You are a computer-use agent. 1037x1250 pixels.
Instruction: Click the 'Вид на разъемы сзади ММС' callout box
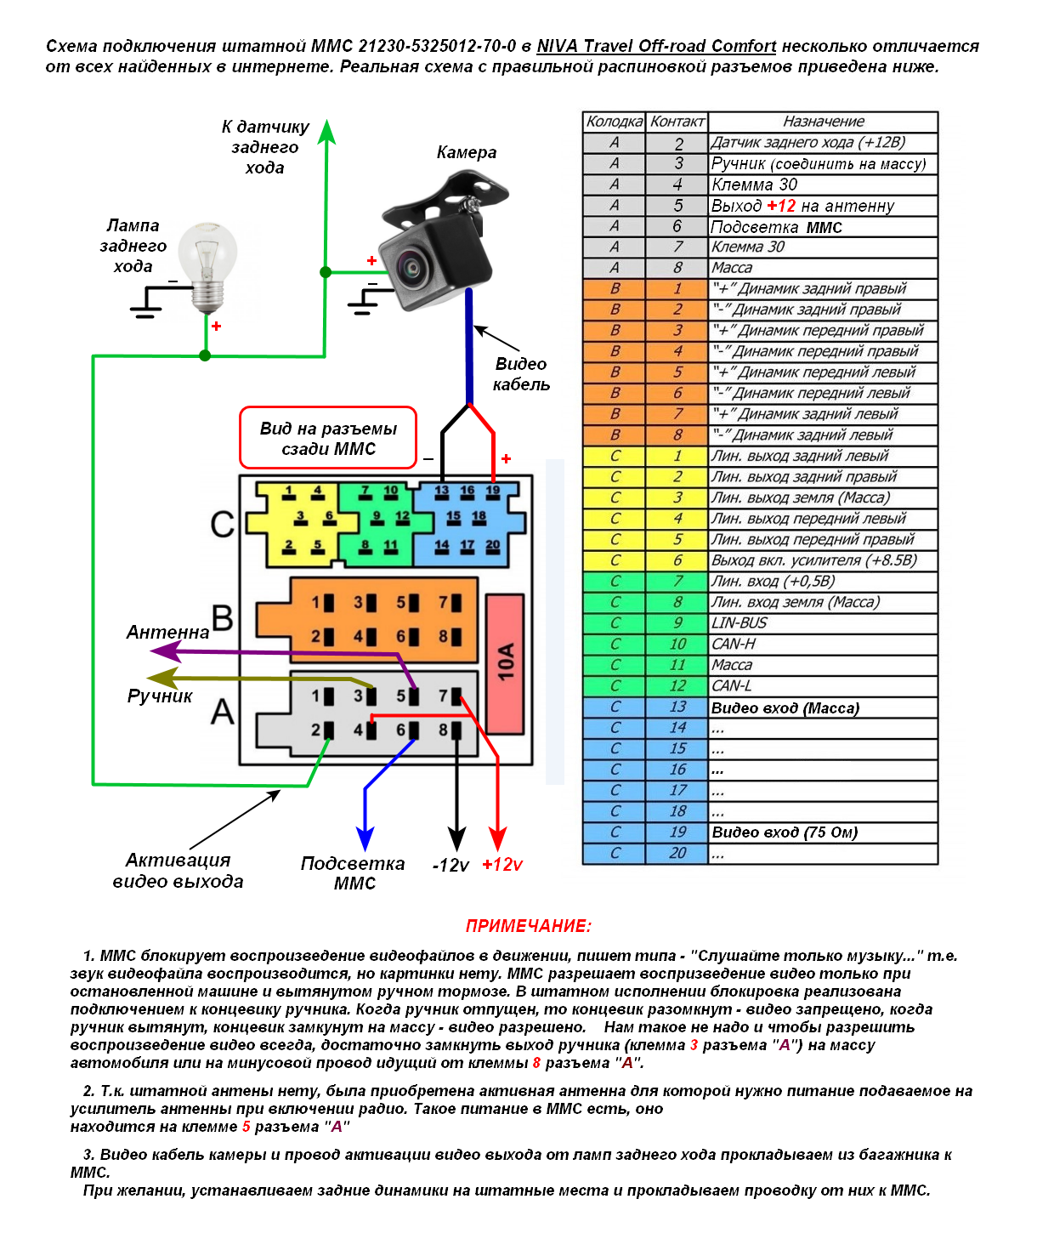(328, 438)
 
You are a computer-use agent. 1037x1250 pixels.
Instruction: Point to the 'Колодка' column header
(614, 122)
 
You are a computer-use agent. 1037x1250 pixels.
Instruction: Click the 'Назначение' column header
(823, 122)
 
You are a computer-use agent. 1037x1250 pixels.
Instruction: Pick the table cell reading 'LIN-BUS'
(823, 623)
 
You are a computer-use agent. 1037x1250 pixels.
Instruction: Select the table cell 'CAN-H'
(823, 645)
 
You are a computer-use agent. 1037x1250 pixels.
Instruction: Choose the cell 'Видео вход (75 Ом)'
(823, 832)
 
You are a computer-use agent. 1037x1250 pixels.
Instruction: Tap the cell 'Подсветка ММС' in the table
(823, 227)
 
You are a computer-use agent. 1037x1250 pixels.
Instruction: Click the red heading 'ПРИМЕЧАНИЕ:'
(528, 926)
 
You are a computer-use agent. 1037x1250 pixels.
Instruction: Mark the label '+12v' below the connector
(502, 865)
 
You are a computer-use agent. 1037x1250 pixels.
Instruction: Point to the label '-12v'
(450, 866)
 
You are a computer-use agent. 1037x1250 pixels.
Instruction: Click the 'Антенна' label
(167, 632)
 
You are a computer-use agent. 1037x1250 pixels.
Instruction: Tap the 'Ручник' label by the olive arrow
(160, 696)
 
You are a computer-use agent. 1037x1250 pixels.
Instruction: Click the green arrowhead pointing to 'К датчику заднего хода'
(326, 132)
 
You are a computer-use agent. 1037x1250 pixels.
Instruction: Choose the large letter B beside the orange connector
(222, 618)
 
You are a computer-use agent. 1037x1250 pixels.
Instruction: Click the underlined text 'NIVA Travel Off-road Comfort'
(656, 46)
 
